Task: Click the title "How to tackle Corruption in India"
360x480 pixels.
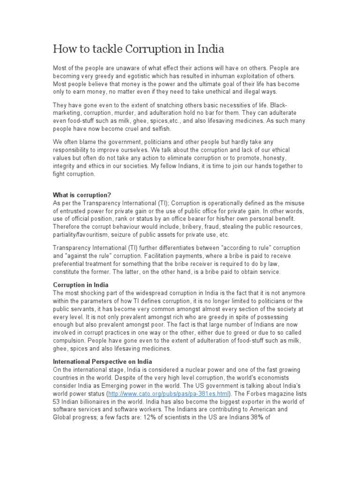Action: (139, 48)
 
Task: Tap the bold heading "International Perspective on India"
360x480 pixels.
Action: (103, 362)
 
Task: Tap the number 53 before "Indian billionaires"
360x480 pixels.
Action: (57, 402)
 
